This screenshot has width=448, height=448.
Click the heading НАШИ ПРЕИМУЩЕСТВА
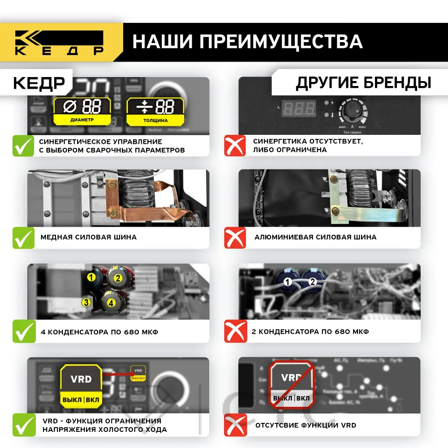pyautogui.click(x=247, y=42)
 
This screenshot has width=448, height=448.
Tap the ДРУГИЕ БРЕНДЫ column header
pyautogui.click(x=363, y=83)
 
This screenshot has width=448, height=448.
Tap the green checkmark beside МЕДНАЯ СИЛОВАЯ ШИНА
pyautogui.click(x=23, y=237)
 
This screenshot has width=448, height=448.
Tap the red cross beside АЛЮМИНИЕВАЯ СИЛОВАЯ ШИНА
pyautogui.click(x=235, y=237)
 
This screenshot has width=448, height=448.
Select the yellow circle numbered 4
pyautogui.click(x=111, y=303)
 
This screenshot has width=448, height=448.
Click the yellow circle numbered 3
pyautogui.click(x=86, y=303)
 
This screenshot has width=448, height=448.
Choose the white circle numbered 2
pyautogui.click(x=313, y=282)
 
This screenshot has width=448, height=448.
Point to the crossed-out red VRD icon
pyautogui.click(x=291, y=385)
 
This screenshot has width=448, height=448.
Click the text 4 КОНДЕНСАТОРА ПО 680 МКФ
pyautogui.click(x=99, y=332)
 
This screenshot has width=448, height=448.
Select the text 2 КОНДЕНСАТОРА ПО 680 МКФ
pyautogui.click(x=311, y=332)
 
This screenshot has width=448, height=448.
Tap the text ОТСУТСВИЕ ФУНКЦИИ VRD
pyautogui.click(x=306, y=425)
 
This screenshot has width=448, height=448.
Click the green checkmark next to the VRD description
pyautogui.click(x=23, y=425)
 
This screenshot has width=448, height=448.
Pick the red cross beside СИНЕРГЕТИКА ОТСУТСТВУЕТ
pyautogui.click(x=235, y=146)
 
